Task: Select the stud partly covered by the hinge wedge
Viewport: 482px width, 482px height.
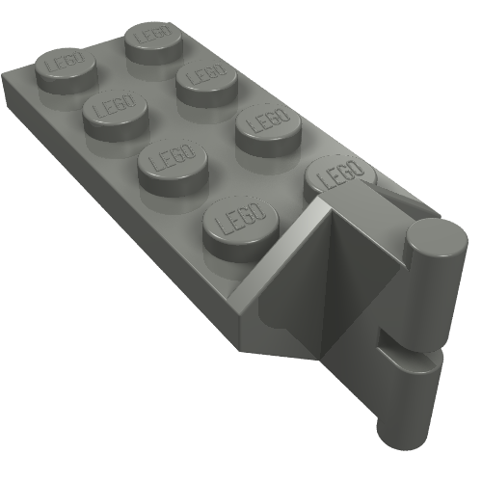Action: [x=337, y=176]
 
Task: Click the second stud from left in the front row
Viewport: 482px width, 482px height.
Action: [x=114, y=112]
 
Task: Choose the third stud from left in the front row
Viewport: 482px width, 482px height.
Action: [x=174, y=161]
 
